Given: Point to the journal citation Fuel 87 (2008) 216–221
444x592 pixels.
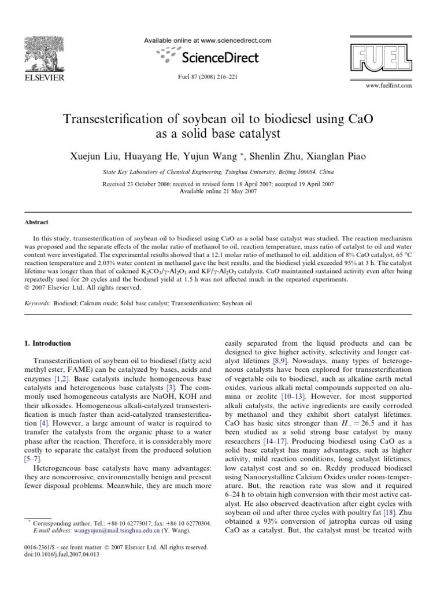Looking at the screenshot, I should click(206, 76).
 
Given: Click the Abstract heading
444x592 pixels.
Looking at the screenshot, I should click(36, 221).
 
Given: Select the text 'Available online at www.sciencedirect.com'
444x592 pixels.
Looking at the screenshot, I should click(207, 40).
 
